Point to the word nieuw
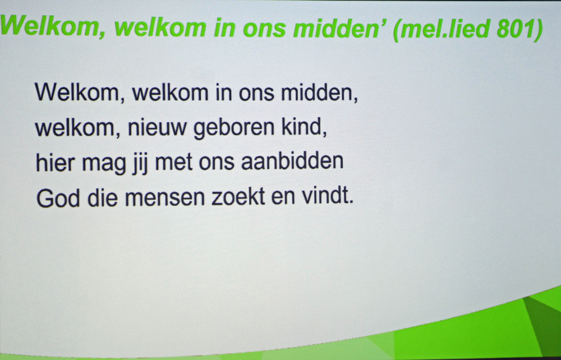click(158, 128)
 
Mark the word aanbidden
click(292, 161)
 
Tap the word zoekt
click(238, 197)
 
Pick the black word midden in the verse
click(319, 93)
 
